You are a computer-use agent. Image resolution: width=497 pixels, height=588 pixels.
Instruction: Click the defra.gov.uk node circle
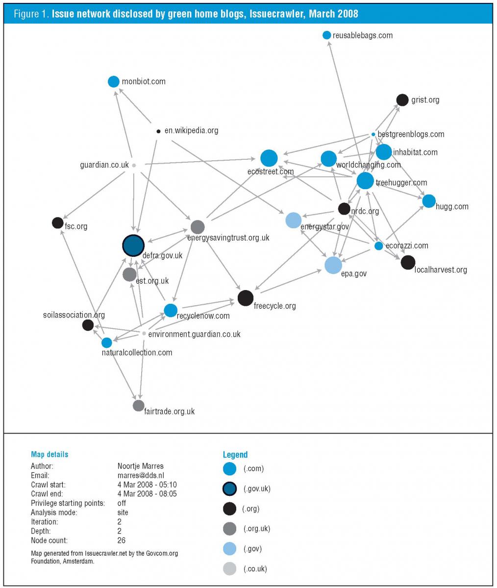[133, 245]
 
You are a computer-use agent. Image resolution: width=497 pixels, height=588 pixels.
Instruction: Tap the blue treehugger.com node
[365, 181]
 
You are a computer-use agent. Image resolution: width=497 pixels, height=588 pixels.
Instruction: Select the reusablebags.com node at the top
[327, 35]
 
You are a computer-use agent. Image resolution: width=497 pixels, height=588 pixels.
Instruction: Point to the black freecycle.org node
[245, 298]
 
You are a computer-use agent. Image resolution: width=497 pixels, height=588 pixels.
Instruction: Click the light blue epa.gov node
[333, 265]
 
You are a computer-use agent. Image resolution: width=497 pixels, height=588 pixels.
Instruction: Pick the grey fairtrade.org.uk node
[139, 405]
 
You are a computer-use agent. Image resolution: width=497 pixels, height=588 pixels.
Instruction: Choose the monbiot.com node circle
[114, 81]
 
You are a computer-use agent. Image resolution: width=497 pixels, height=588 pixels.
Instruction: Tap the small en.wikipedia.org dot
[158, 131]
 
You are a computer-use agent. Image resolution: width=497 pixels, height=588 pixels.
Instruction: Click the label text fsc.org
[76, 227]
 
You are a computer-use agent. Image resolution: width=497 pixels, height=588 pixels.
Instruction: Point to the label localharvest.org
[441, 269]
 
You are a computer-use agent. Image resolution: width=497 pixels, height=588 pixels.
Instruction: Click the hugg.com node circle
[428, 201]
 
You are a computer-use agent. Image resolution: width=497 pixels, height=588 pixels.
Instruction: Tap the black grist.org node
[402, 100]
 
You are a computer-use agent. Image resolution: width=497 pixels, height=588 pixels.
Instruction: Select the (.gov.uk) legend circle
[229, 489]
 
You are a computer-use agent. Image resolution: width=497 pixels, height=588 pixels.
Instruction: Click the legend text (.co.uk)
[255, 568]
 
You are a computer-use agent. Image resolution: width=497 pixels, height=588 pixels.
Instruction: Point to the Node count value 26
[122, 540]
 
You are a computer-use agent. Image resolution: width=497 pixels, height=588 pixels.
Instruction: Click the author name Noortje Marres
[140, 466]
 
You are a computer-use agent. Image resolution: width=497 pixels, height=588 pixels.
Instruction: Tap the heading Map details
[50, 454]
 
